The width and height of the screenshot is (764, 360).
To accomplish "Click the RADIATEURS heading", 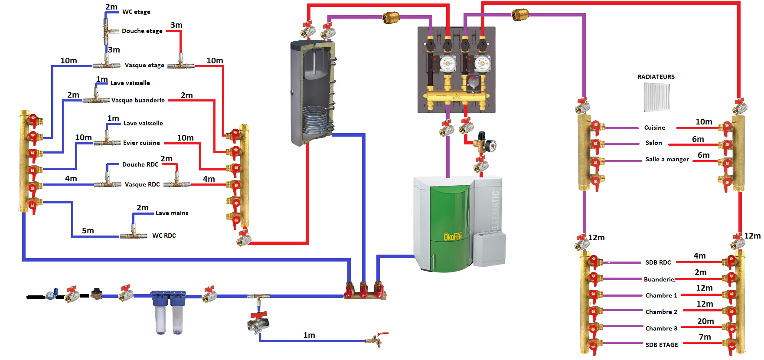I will (x=656, y=77).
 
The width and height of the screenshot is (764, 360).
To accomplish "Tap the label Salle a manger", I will (x=667, y=159).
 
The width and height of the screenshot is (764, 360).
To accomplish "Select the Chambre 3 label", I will (x=661, y=328).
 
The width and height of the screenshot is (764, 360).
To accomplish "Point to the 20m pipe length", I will (x=705, y=321).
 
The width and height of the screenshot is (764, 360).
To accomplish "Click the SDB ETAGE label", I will (x=661, y=345).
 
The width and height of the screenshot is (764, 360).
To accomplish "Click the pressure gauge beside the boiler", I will (x=491, y=146).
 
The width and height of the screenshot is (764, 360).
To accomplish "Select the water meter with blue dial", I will (x=52, y=295).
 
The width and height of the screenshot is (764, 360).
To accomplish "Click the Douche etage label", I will (x=142, y=31).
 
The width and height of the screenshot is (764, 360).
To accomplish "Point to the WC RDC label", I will (x=164, y=236).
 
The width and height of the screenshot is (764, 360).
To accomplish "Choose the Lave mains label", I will (x=172, y=213).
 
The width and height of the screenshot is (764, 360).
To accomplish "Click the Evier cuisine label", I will (x=141, y=143).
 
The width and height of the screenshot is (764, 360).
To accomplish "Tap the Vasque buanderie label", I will (x=138, y=100).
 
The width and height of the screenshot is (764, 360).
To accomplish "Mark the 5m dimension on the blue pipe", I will (x=88, y=231).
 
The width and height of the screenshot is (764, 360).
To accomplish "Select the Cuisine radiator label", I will (x=654, y=128).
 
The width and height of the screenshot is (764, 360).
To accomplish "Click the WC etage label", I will (x=136, y=12).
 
